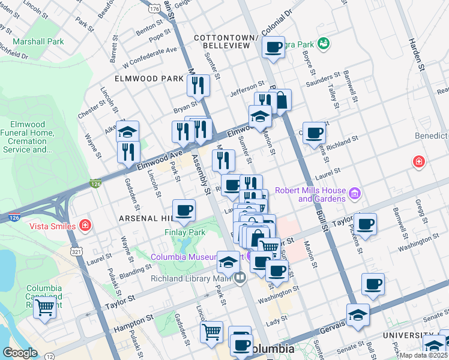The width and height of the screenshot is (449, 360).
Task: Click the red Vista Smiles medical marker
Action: click(86, 226)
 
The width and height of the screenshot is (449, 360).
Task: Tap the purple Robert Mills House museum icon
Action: click(355, 194)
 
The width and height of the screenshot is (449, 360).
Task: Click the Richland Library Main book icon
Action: click(240, 278)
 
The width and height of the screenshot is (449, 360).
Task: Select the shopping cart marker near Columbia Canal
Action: click(44, 308)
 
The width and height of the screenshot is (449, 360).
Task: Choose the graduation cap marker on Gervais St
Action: click(357, 314)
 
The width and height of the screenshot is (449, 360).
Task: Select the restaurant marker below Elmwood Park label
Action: click(199, 85)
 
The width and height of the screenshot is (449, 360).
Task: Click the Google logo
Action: click(20, 352)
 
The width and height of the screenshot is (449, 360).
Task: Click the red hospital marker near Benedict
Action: click(418, 162)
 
